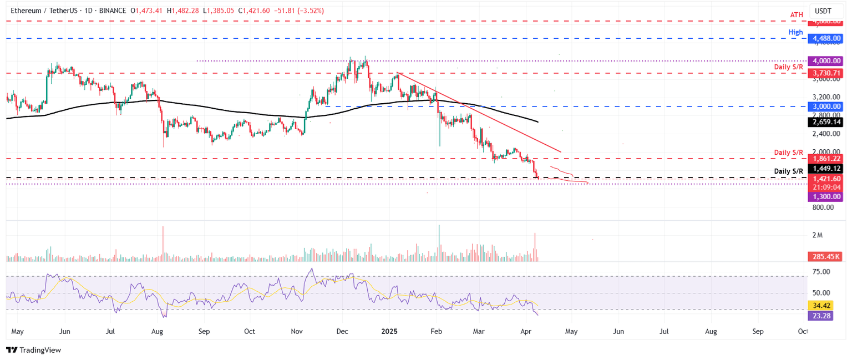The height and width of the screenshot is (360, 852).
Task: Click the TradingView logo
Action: pyautogui.click(x=33, y=350)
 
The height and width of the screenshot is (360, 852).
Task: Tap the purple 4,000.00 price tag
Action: pyautogui.click(x=825, y=61)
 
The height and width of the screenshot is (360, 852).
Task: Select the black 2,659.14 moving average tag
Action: pyautogui.click(x=825, y=122)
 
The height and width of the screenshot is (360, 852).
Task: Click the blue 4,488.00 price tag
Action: pyautogui.click(x=825, y=39)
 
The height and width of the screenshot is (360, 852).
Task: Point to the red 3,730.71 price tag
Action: pyautogui.click(x=825, y=73)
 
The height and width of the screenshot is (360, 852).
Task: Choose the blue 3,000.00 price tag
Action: pyautogui.click(x=825, y=107)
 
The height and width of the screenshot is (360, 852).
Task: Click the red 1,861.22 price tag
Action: pyautogui.click(x=825, y=159)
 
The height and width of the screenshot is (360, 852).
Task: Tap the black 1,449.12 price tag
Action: pyautogui.click(x=825, y=169)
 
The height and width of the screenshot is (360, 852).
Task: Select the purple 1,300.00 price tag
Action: pyautogui.click(x=825, y=197)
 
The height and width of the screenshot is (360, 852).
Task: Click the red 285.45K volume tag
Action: pyautogui.click(x=825, y=257)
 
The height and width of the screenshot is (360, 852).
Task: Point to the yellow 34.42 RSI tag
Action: pyautogui.click(x=825, y=306)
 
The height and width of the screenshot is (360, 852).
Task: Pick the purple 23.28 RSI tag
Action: pyautogui.click(x=825, y=316)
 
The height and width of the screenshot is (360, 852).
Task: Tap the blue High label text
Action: pyautogui.click(x=795, y=32)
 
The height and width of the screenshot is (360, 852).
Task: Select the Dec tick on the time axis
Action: pyautogui.click(x=342, y=331)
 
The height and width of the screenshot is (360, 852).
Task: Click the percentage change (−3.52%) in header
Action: pyautogui.click(x=311, y=11)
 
